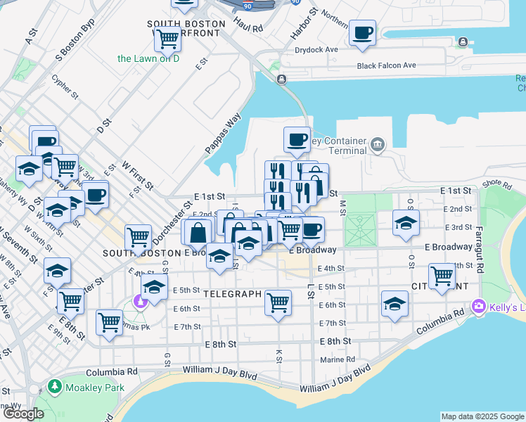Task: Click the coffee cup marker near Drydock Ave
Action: coord(362,32)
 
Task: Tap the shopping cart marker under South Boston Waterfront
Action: coord(167,39)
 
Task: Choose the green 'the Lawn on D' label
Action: coord(148,59)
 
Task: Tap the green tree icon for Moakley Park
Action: coord(54,387)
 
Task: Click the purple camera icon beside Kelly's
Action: coord(479,305)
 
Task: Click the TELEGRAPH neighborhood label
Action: coord(233,294)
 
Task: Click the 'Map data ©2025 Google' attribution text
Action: coord(482,416)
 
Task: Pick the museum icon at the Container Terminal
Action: coord(378,145)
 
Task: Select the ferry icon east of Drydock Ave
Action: coord(462,43)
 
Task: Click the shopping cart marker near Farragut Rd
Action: coord(442,275)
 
